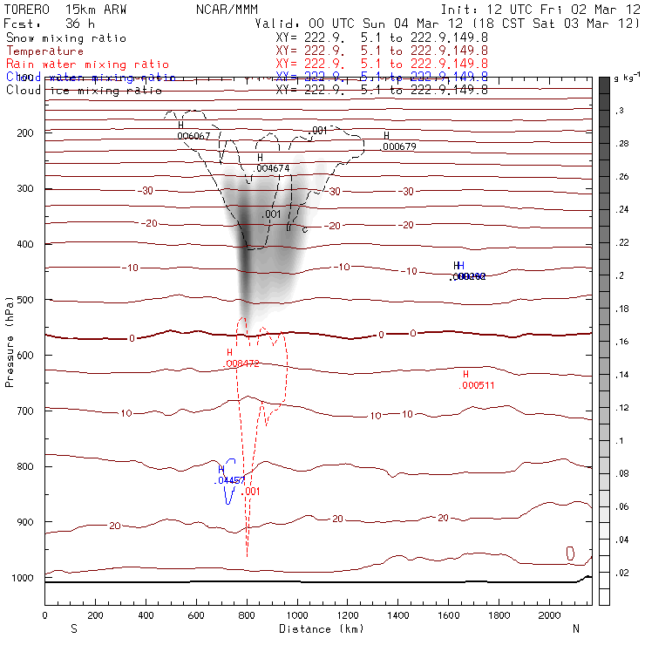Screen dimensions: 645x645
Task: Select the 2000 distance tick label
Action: (x=550, y=615)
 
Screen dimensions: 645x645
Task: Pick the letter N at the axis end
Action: (x=575, y=628)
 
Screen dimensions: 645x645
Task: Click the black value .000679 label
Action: (x=398, y=146)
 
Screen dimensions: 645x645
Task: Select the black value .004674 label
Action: (x=273, y=167)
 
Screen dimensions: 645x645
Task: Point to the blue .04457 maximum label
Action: (x=230, y=480)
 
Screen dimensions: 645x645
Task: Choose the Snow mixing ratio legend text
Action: (x=66, y=38)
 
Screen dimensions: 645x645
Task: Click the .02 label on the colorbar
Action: (x=622, y=572)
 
